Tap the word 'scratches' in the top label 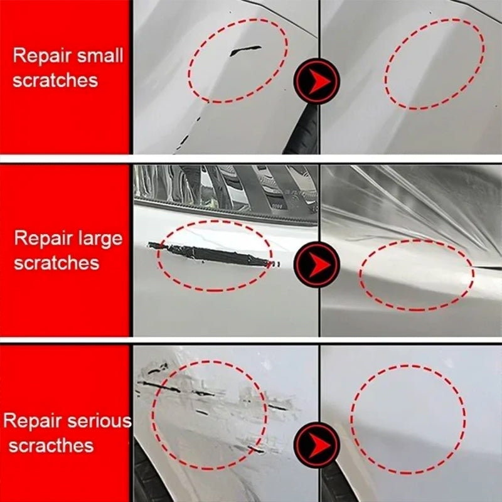pos(55,80)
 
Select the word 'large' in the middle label pos(99,238)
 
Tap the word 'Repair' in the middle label pos(39,238)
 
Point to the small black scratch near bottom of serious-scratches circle pos(255,449)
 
